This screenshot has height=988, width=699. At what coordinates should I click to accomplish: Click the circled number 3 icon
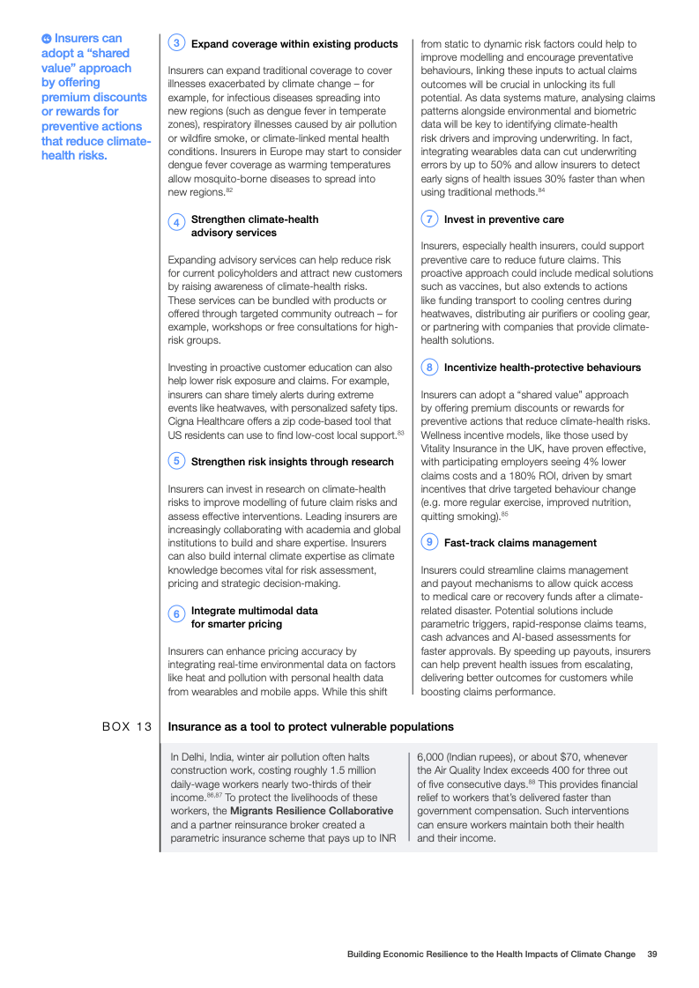pyautogui.click(x=177, y=43)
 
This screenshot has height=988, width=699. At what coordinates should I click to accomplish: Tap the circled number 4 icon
pyautogui.click(x=177, y=223)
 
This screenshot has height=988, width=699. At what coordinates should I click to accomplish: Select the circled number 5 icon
pyautogui.click(x=177, y=461)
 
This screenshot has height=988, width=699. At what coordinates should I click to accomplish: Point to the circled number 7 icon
pyautogui.click(x=429, y=219)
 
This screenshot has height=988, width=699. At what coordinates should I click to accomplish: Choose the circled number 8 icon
pyautogui.click(x=429, y=367)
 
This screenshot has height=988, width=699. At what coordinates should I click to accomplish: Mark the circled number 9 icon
pyautogui.click(x=429, y=542)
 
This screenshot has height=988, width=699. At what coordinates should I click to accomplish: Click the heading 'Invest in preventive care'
pyautogui.click(x=503, y=219)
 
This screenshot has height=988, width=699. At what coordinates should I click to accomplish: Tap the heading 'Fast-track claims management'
pyautogui.click(x=520, y=543)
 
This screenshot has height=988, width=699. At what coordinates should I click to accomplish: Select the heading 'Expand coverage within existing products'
pyautogui.click(x=294, y=44)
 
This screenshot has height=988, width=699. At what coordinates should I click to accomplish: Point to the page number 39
pyautogui.click(x=651, y=954)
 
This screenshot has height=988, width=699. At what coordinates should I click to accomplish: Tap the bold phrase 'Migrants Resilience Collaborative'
pyautogui.click(x=311, y=811)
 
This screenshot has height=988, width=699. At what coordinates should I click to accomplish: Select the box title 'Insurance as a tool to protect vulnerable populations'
pyautogui.click(x=310, y=727)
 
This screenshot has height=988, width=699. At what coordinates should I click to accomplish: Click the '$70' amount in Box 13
pyautogui.click(x=569, y=757)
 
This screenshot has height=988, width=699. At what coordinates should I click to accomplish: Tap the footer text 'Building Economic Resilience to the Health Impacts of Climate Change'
pyautogui.click(x=490, y=954)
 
